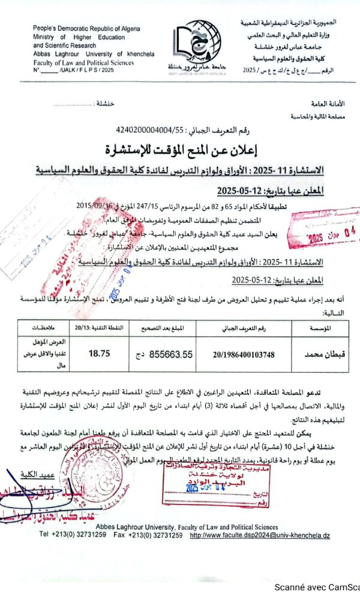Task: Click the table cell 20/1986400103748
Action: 243,355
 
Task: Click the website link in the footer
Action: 260,534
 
